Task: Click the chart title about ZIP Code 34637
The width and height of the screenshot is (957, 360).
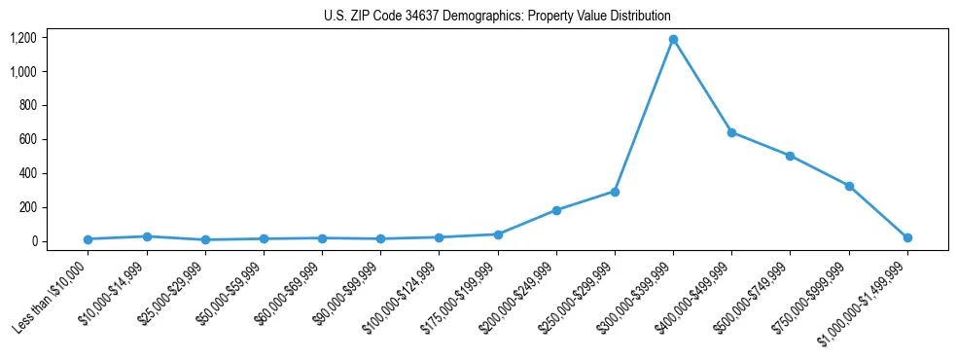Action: click(x=497, y=17)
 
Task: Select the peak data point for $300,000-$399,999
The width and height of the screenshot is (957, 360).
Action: click(x=673, y=40)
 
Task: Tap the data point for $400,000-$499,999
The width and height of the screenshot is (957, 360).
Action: click(x=731, y=132)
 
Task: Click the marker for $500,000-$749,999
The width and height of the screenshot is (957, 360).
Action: click(x=790, y=156)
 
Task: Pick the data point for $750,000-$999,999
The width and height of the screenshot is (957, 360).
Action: click(x=849, y=186)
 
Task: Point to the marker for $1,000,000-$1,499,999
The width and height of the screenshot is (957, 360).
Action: click(x=907, y=237)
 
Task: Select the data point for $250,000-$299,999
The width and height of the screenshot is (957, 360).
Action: click(x=615, y=192)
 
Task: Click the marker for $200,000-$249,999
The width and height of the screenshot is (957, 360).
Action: click(x=556, y=210)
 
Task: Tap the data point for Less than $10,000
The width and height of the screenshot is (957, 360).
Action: click(x=88, y=239)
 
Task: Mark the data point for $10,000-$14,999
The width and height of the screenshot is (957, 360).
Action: click(x=147, y=236)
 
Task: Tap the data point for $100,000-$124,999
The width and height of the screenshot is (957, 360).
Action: click(x=439, y=237)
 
